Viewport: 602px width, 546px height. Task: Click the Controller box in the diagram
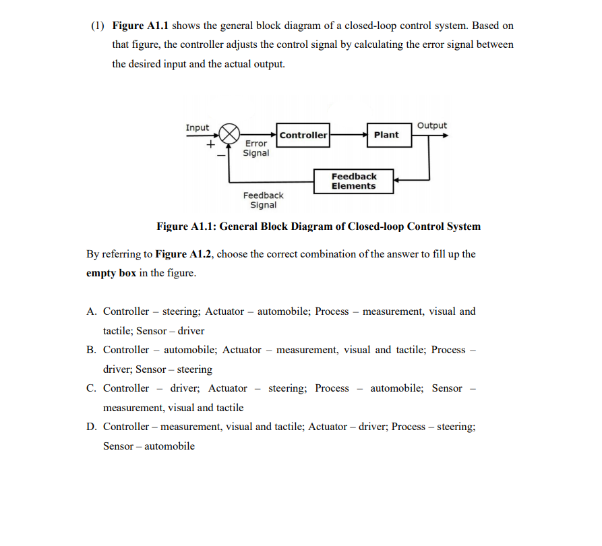coord(303,135)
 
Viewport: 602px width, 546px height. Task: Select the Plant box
coord(386,135)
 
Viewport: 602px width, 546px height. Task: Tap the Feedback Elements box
coord(354,181)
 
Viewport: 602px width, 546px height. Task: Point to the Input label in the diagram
coord(198,127)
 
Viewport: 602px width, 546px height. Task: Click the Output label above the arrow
coord(432,125)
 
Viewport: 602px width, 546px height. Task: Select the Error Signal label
coord(256,148)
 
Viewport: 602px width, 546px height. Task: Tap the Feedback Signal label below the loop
coord(263,200)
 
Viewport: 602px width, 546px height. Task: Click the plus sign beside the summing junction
coord(210,144)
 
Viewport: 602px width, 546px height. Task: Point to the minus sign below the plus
coord(219,155)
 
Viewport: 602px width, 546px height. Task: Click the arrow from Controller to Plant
coord(348,134)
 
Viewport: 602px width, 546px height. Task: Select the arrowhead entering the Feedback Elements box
coord(398,181)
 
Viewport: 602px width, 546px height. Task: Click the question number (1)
coord(98,26)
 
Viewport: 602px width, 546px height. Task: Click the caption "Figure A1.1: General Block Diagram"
coord(318,226)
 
